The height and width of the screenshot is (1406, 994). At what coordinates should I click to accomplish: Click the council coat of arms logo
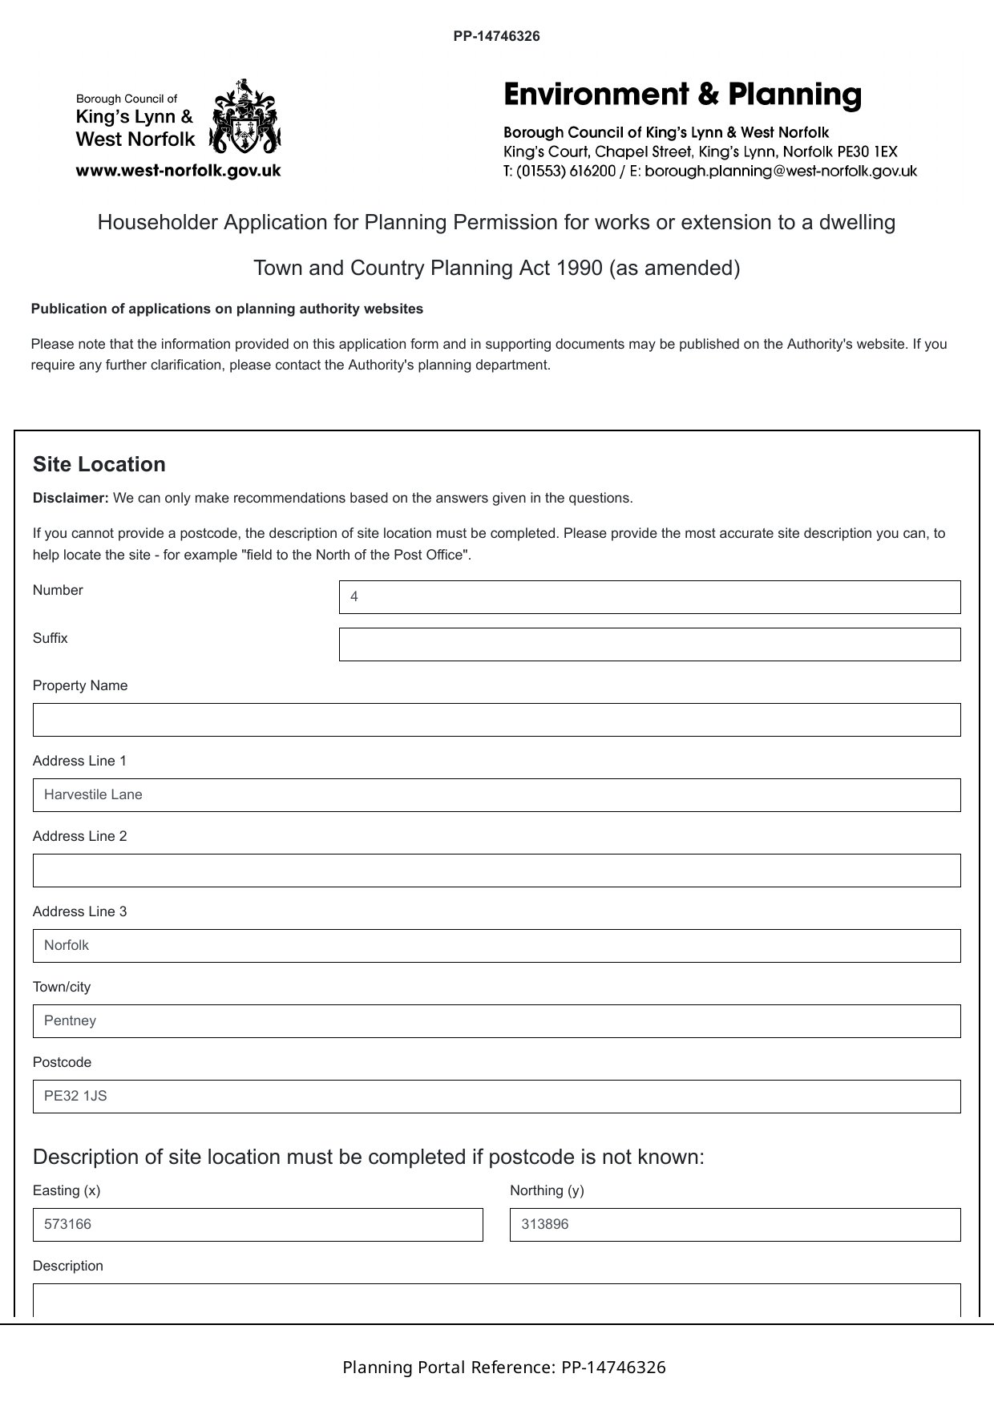tap(244, 117)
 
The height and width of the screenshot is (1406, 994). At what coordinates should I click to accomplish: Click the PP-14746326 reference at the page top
tap(496, 36)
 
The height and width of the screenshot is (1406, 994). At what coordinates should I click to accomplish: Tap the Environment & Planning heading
tap(682, 95)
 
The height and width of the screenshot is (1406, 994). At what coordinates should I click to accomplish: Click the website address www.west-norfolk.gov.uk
tap(178, 170)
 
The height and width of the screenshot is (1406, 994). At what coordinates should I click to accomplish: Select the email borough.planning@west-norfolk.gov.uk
tap(780, 171)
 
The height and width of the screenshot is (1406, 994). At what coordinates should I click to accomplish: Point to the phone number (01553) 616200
tap(565, 171)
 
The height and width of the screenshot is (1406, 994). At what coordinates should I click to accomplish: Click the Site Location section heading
tap(99, 465)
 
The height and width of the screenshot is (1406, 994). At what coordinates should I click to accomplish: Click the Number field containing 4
tap(649, 597)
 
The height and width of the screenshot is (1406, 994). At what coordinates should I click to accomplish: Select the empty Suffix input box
tap(649, 644)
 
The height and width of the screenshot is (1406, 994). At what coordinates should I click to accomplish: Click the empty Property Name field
tap(496, 720)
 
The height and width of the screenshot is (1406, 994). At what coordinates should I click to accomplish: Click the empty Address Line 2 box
tap(496, 871)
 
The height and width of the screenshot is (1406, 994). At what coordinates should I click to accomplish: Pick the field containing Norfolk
tap(496, 946)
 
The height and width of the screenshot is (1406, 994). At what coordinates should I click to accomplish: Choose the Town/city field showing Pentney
tap(496, 1021)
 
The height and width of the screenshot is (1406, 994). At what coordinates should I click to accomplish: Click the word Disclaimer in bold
tap(71, 498)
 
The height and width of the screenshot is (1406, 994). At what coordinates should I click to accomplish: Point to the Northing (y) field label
tap(547, 1190)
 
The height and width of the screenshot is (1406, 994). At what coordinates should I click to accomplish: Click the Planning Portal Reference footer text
tap(503, 1368)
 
